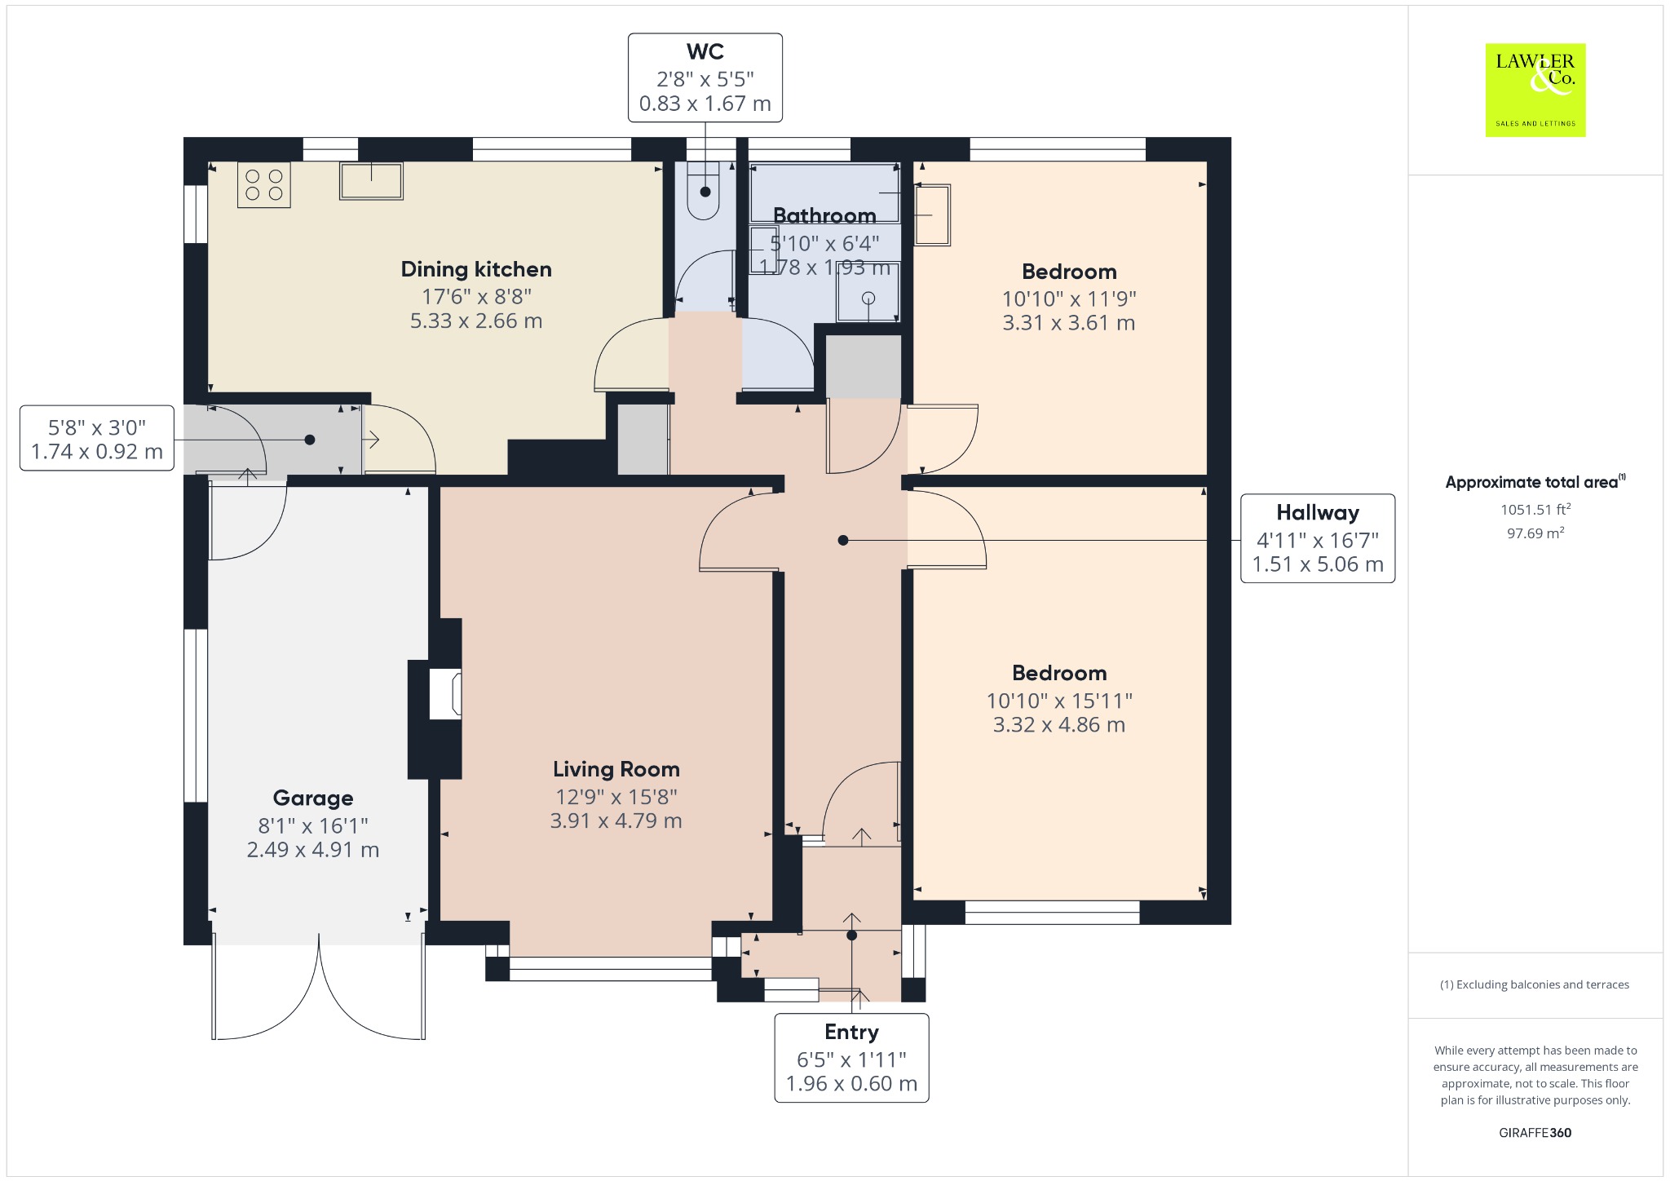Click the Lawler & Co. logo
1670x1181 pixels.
1535,90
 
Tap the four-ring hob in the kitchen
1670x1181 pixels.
264,185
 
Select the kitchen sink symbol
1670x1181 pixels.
371,180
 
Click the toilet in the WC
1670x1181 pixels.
705,191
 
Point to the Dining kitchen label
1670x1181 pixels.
476,269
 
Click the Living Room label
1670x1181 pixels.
616,769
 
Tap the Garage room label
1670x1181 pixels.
313,798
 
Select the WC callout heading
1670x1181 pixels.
705,51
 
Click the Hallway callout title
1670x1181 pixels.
1318,513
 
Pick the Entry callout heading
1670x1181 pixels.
851,1033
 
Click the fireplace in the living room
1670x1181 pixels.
435,698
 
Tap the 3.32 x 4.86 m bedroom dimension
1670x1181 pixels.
1059,725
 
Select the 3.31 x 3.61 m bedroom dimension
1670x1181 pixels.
1069,323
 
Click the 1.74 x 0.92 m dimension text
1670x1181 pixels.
97,452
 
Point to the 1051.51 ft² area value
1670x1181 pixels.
1535,510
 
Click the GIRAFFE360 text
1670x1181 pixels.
1535,1133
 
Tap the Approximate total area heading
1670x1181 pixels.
1535,482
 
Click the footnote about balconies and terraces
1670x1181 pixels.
1535,984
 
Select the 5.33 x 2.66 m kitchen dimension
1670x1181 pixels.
476,321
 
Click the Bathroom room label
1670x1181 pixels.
824,215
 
